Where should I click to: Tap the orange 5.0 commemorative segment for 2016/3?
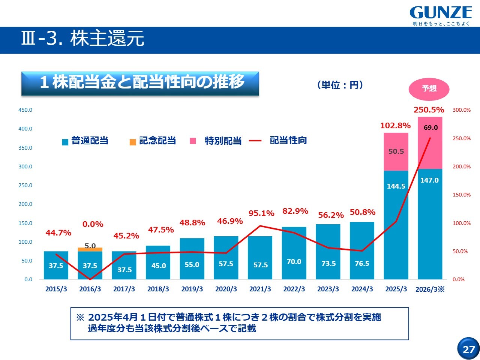(x=90, y=249)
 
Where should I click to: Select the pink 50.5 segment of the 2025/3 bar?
(x=396, y=151)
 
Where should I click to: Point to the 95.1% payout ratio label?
(x=261, y=213)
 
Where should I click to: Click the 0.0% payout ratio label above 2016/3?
(x=93, y=224)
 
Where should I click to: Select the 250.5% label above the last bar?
(x=429, y=110)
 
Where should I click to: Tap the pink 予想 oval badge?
(x=429, y=88)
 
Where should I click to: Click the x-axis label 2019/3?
(x=192, y=289)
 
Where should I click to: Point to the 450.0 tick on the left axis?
(x=25, y=110)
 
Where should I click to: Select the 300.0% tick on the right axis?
(x=461, y=110)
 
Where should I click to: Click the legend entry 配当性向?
(x=288, y=141)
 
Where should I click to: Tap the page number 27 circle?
(x=468, y=349)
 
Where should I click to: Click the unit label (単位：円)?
(x=340, y=85)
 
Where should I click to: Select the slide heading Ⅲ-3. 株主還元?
(x=82, y=39)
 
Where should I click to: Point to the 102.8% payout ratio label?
(x=395, y=126)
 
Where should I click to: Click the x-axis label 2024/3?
(x=362, y=289)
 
